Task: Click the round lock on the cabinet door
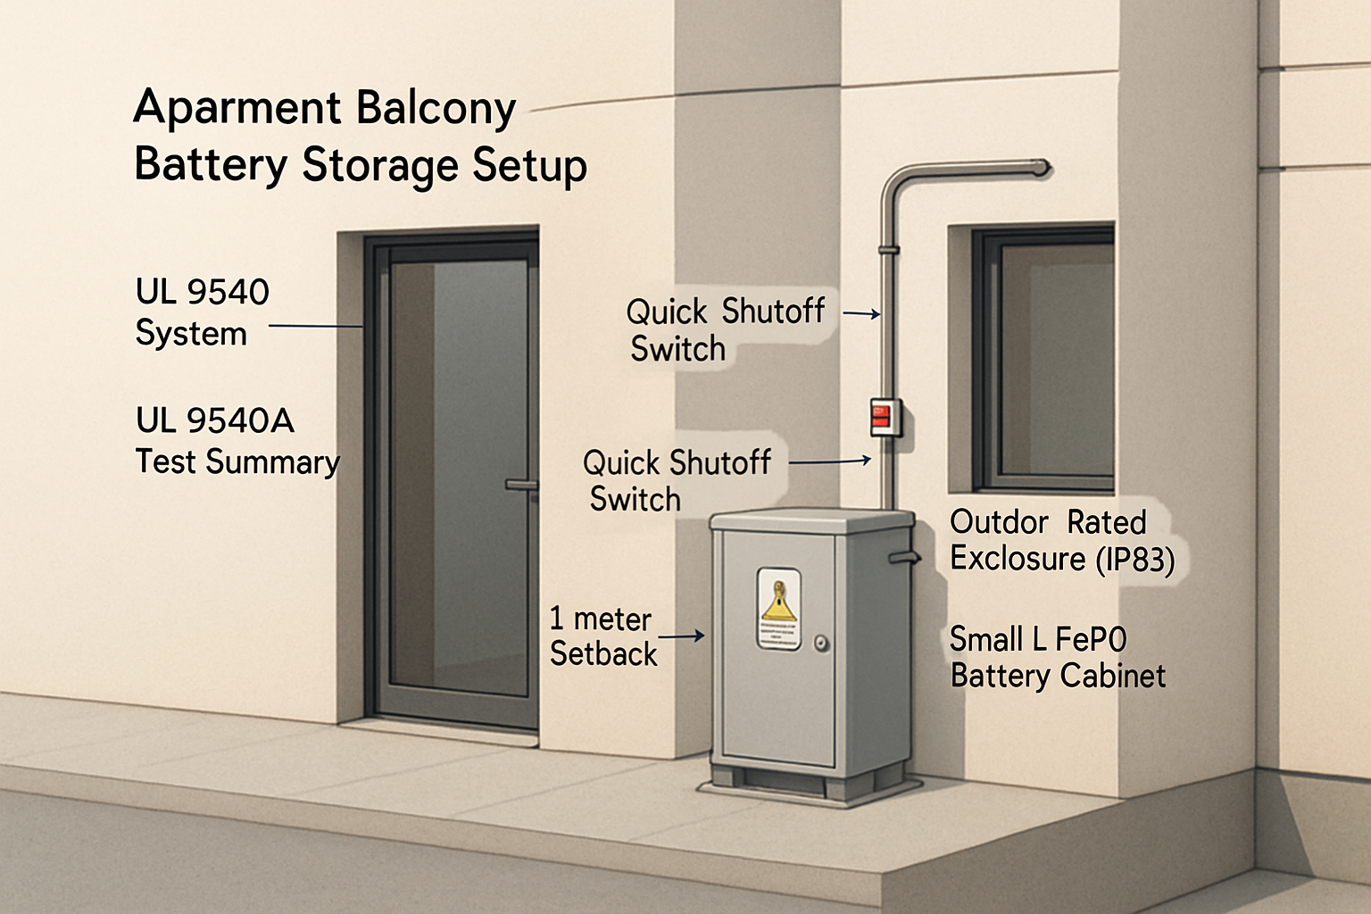(x=821, y=643)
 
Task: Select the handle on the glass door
(x=521, y=485)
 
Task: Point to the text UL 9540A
(x=214, y=420)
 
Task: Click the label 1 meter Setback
(x=602, y=636)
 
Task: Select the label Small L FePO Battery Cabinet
(x=1057, y=658)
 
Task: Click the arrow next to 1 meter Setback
(x=682, y=636)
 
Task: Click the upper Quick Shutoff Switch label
(x=725, y=329)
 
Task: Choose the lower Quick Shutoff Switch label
(x=676, y=480)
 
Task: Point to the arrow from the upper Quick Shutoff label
(x=861, y=313)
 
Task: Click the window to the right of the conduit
(x=1044, y=357)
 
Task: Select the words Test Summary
(x=237, y=462)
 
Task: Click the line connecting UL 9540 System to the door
(x=315, y=327)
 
